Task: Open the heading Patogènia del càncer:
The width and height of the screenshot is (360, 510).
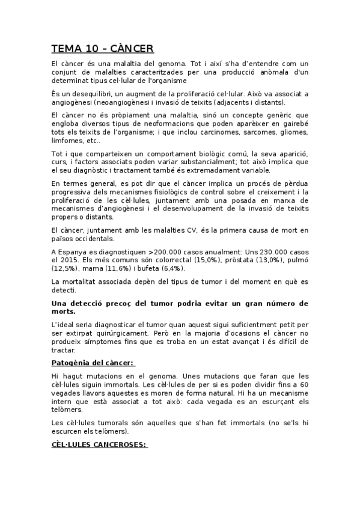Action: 93,363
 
